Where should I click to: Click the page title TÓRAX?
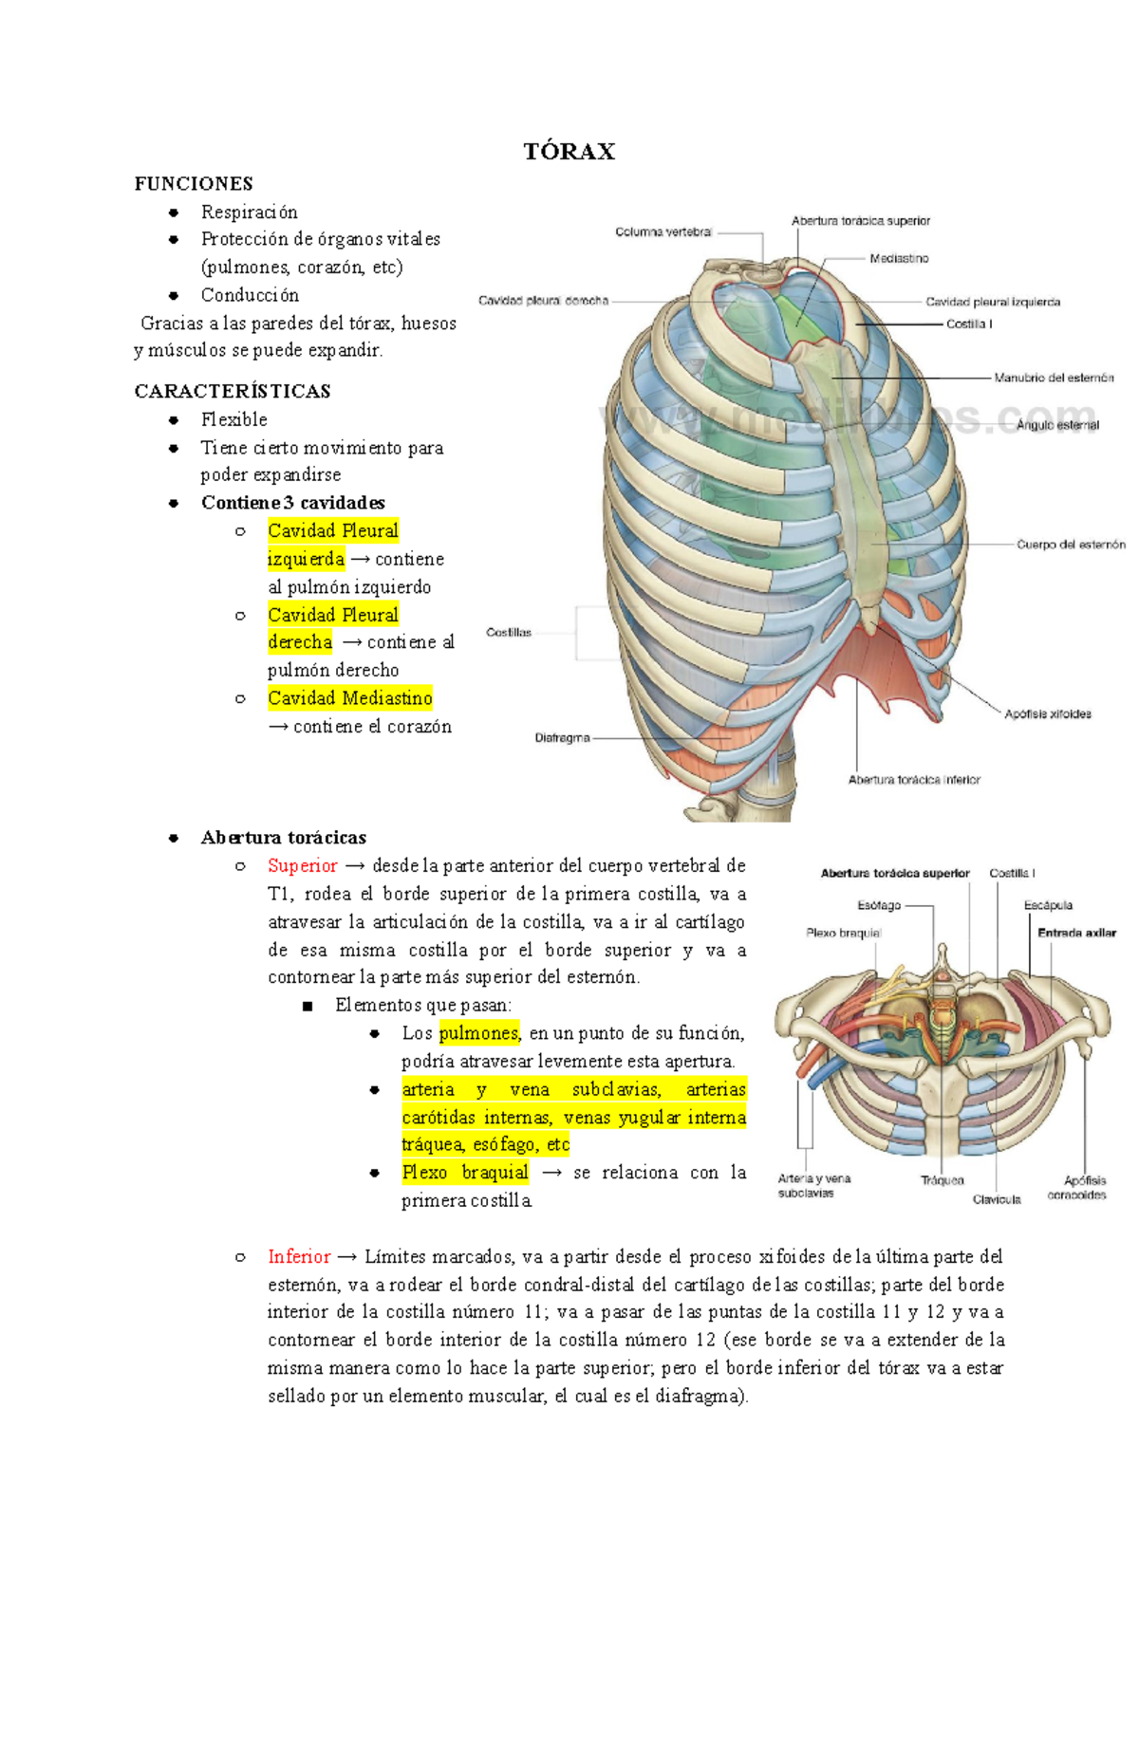(x=569, y=152)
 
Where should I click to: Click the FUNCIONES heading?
(x=194, y=184)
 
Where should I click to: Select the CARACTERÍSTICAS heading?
(x=233, y=391)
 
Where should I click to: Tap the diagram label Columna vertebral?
(x=663, y=232)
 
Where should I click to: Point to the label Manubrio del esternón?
(x=1054, y=378)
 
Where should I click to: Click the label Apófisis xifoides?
(x=1048, y=713)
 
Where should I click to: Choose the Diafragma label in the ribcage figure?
(x=562, y=737)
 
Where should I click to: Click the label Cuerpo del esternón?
(x=1071, y=545)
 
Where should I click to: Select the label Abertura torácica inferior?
(x=914, y=780)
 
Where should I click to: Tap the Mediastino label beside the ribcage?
(x=899, y=258)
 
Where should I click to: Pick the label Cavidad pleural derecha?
(x=543, y=301)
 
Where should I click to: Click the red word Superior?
(x=302, y=865)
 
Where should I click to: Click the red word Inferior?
(x=299, y=1256)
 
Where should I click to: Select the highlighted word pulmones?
(x=478, y=1033)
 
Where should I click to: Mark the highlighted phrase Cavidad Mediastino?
(x=349, y=698)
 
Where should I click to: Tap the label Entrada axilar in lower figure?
(x=1076, y=933)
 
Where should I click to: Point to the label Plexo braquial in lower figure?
(x=843, y=933)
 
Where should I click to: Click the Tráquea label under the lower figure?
(x=942, y=1180)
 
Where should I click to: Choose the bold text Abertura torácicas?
(x=283, y=838)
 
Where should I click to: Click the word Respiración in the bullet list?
(x=249, y=212)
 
